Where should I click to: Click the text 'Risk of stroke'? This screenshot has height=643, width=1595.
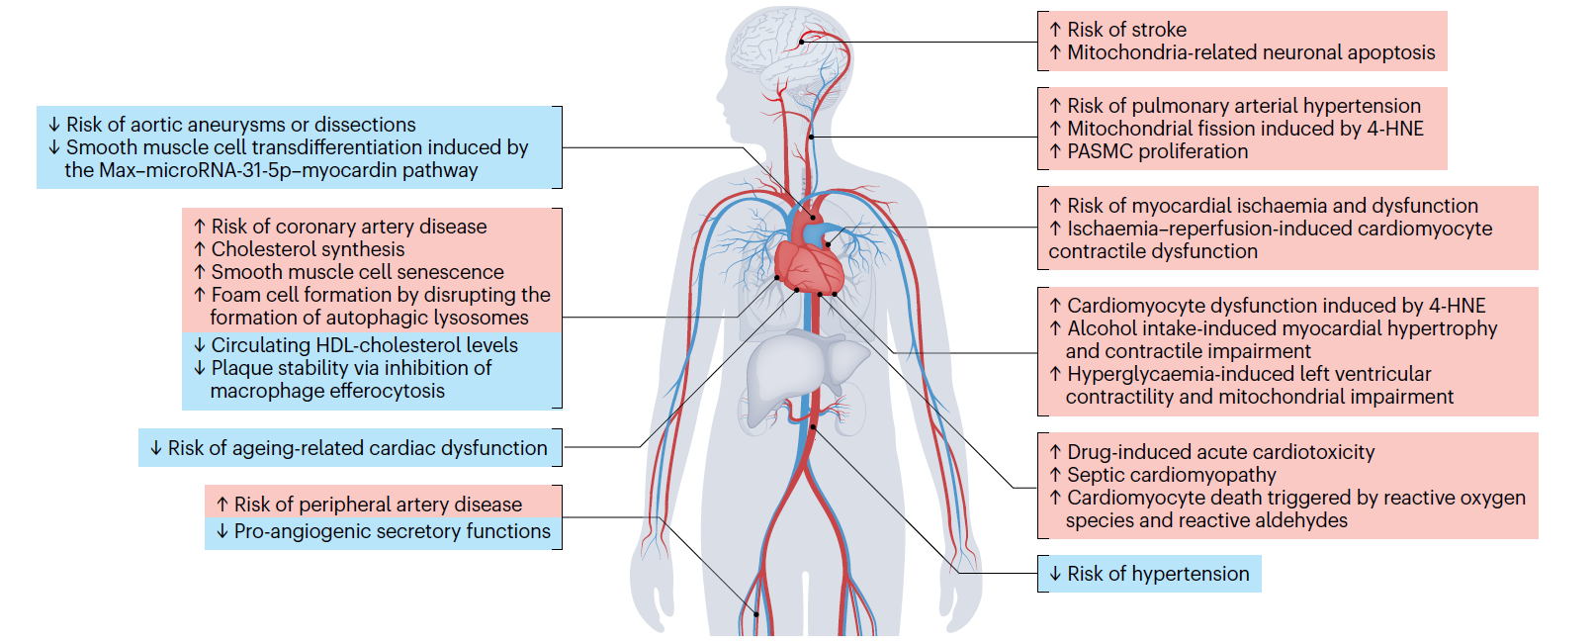click(1126, 30)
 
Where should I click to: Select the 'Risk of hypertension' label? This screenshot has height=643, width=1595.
click(1158, 574)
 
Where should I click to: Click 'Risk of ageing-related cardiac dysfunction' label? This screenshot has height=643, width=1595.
click(357, 448)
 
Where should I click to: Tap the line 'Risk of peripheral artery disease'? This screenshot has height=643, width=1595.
click(378, 505)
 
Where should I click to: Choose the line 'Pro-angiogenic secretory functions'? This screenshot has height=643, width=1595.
click(392, 531)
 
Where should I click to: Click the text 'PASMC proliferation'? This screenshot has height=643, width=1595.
click(1157, 151)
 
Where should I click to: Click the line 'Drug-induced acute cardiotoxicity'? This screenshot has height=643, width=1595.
click(1220, 452)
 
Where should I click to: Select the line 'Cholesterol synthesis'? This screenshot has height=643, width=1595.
click(308, 249)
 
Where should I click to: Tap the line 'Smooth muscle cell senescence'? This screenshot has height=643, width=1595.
click(357, 272)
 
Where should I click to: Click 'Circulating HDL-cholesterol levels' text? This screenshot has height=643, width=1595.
click(364, 345)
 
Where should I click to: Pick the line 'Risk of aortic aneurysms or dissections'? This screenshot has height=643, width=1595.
click(240, 125)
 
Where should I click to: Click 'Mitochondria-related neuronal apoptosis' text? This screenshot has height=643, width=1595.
click(1251, 52)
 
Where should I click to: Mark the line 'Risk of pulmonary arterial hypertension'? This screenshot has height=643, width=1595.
click(1243, 106)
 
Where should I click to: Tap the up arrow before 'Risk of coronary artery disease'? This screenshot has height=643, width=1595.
click(200, 227)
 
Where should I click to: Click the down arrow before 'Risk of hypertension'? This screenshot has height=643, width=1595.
click(1055, 574)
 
